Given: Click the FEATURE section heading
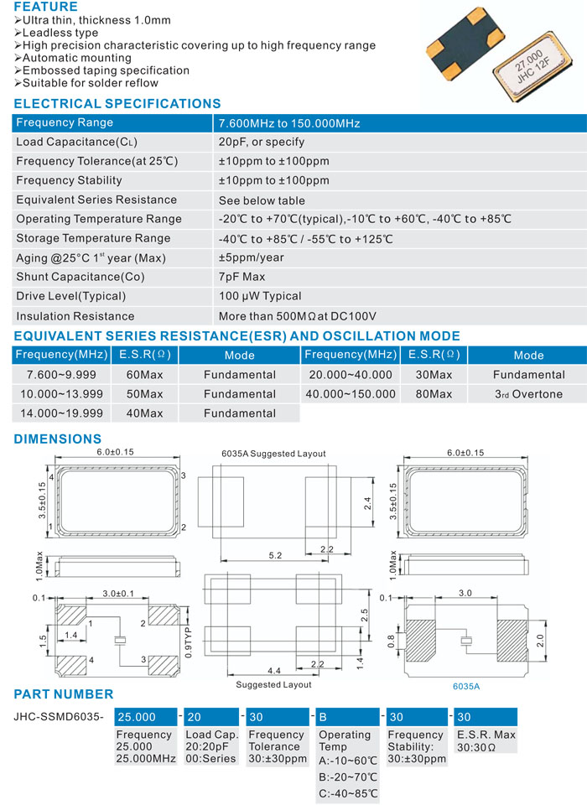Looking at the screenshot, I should point(45,8).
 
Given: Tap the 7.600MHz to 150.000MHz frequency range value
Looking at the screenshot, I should point(288,123).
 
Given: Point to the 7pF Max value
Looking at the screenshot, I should point(242,277).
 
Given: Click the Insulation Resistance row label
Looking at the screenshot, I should point(75,316).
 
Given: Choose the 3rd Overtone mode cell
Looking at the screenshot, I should point(528,394).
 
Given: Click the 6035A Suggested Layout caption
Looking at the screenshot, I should point(273,454).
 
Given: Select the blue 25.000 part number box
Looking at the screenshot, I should point(146,717).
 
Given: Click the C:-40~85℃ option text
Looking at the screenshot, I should point(349,793).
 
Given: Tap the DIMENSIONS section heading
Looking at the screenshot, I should point(58,439).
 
